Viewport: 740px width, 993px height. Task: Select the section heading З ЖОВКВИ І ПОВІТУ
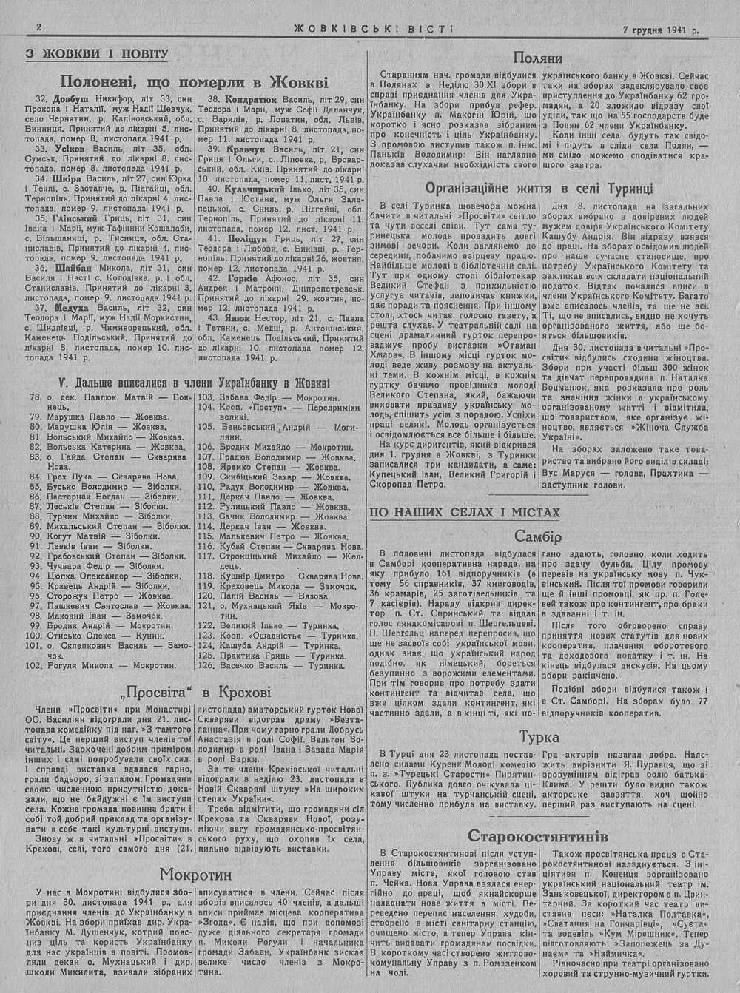(x=98, y=54)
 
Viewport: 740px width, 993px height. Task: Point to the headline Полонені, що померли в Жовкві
(x=194, y=81)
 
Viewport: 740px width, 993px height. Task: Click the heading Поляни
(x=538, y=58)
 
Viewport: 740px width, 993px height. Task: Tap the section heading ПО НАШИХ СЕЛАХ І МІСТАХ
(x=465, y=512)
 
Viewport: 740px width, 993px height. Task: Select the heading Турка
(x=539, y=738)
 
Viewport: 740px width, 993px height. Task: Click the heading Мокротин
(x=195, y=875)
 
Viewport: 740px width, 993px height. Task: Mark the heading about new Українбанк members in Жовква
(x=194, y=383)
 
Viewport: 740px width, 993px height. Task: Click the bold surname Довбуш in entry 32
(x=71, y=98)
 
